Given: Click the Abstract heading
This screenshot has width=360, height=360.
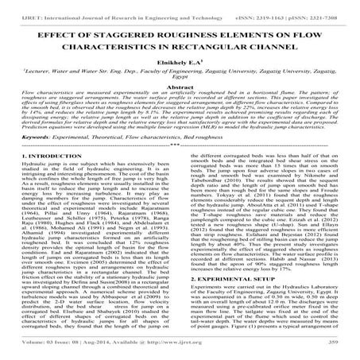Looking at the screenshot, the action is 180,93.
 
